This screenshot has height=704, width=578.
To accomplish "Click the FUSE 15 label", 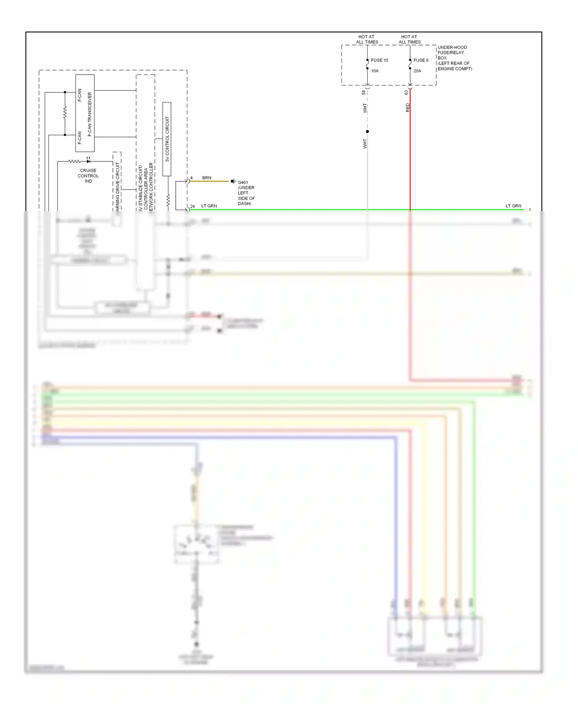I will tap(379, 60).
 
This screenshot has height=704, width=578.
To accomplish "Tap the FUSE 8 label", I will tap(421, 60).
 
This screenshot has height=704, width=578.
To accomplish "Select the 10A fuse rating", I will tap(375, 71).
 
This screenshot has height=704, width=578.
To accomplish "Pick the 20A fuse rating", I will tap(417, 71).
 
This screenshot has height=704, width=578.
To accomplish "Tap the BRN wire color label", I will tap(207, 178).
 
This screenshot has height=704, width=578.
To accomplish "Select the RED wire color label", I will tap(408, 107).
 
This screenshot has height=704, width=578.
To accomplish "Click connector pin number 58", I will tap(364, 92).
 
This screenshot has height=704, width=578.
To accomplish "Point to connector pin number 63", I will tap(406, 92).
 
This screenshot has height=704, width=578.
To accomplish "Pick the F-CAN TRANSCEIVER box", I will tap(85, 113).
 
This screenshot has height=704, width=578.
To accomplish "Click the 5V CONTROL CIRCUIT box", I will tap(167, 139).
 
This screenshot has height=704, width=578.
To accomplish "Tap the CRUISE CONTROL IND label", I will tap(88, 176).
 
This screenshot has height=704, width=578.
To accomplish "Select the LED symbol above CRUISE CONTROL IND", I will tap(88, 161).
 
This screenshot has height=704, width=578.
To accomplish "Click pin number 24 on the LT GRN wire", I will tap(192, 206).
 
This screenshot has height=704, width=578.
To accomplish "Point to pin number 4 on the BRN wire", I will tap(192, 178).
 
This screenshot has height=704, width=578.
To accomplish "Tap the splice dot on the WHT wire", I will tap(367, 131).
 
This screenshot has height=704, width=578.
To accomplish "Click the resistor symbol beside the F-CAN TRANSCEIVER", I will tap(65, 113).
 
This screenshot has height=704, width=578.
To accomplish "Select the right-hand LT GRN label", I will tap(513, 206).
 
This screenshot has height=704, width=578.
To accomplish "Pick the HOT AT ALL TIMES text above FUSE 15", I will tap(367, 39).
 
